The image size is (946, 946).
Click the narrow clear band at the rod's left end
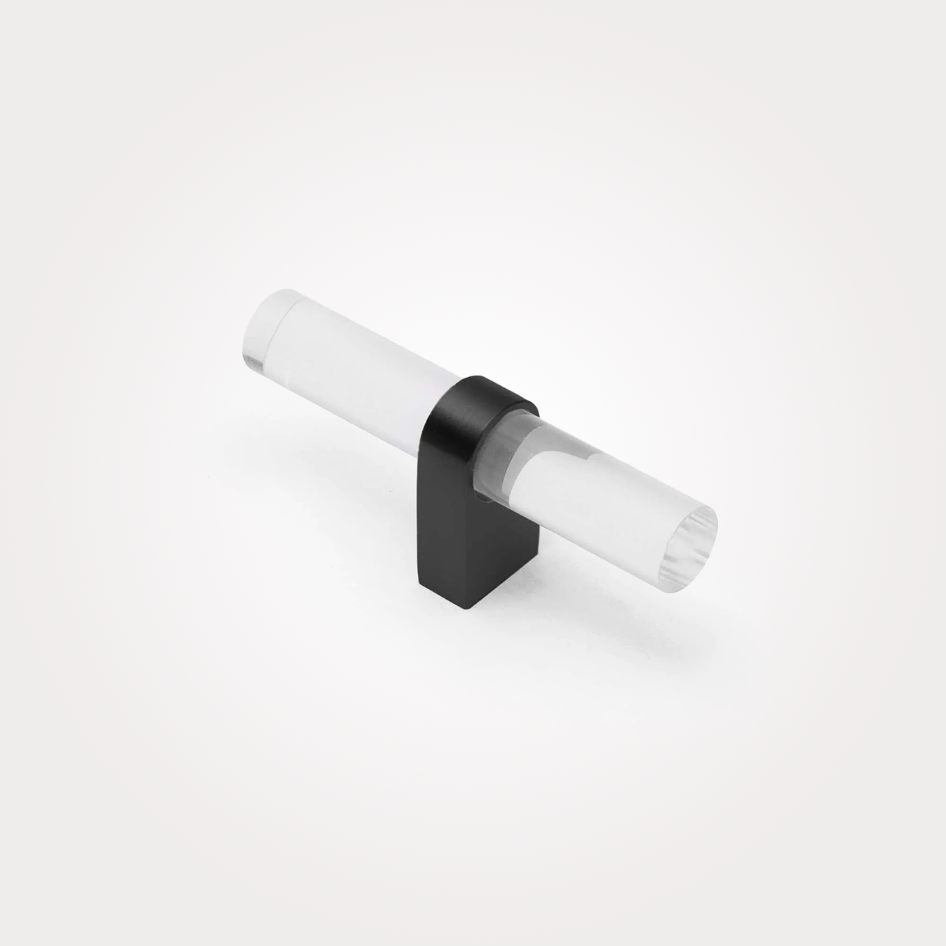coord(261,334)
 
